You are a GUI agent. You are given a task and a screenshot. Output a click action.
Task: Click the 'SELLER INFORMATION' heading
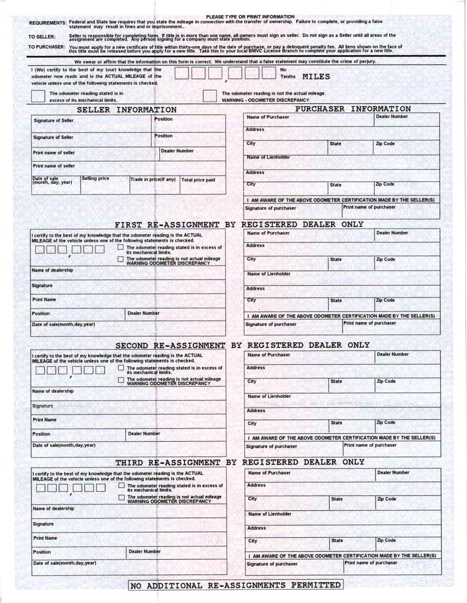[127, 110]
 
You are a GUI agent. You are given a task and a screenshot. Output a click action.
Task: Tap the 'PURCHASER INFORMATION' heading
[353, 109]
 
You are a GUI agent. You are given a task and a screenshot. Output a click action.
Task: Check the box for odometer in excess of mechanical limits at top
[38, 96]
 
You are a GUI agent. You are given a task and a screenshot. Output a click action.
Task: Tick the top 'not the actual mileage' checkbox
[210, 96]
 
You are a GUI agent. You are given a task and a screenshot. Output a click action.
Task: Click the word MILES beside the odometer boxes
[316, 77]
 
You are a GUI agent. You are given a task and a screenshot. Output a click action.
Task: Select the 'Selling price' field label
[95, 179]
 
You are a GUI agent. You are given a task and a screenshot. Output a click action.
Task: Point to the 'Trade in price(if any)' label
[153, 180]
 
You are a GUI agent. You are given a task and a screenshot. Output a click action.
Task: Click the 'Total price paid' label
[198, 180]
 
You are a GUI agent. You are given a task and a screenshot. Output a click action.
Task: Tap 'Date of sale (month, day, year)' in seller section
[52, 180]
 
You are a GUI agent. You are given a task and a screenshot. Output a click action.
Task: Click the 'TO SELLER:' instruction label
[42, 37]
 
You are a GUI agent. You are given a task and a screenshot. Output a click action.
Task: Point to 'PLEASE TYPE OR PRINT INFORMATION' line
[250, 17]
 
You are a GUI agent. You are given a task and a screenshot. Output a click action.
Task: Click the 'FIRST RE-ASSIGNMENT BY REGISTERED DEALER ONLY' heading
[239, 225]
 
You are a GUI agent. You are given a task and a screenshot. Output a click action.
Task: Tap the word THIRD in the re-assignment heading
[129, 463]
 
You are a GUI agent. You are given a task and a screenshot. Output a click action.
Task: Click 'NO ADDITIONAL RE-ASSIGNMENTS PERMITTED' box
[235, 585]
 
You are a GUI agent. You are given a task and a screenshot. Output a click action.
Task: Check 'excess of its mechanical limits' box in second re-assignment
[121, 368]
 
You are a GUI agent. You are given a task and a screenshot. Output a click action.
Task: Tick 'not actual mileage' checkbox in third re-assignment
[122, 497]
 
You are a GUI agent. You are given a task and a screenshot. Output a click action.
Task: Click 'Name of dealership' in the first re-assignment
[53, 270]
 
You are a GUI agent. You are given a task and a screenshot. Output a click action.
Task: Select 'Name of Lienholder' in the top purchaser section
[268, 157]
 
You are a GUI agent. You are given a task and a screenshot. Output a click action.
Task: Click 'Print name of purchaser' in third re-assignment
[371, 563]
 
